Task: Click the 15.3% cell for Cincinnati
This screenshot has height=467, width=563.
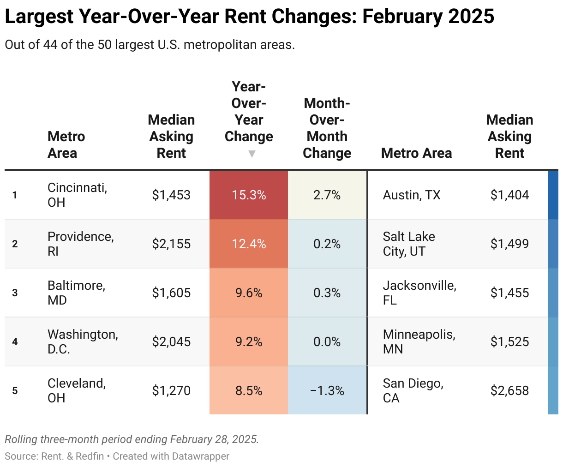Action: click(249, 195)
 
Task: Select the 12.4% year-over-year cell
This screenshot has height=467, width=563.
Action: click(249, 244)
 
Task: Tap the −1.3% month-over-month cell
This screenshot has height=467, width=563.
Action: click(327, 391)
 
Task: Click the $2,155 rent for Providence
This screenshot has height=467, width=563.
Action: click(171, 244)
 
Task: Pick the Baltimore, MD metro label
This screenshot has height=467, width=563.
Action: click(76, 293)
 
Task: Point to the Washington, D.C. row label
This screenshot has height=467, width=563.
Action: click(83, 341)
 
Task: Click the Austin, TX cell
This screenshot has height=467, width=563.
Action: click(412, 195)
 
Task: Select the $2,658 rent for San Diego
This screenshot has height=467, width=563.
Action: click(509, 391)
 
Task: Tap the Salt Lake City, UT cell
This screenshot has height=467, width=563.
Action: click(409, 244)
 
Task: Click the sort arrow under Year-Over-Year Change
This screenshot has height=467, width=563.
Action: click(252, 154)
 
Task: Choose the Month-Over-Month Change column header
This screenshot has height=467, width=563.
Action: click(327, 128)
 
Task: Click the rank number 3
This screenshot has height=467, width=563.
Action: click(15, 293)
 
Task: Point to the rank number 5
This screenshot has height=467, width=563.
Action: click(15, 391)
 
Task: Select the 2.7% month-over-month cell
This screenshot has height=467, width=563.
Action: click(327, 195)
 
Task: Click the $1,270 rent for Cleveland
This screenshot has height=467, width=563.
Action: click(171, 391)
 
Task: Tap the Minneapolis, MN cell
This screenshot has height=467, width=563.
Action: click(419, 341)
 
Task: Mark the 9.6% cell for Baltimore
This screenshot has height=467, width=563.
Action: click(249, 293)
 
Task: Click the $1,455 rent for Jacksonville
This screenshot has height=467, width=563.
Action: click(509, 293)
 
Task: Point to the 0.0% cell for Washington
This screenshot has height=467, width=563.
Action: click(327, 342)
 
